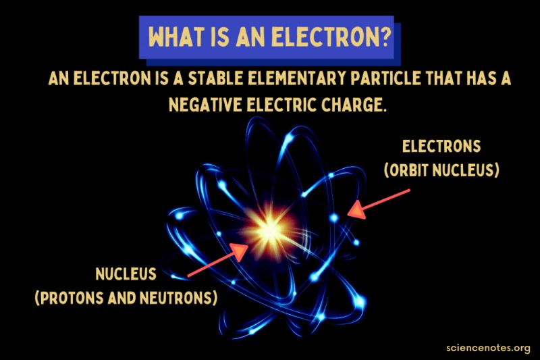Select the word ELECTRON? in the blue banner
click(331, 36)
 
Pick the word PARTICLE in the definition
click(385, 78)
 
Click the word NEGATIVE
click(205, 105)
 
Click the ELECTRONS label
click(441, 147)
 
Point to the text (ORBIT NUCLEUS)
click(441, 170)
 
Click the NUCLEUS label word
click(126, 274)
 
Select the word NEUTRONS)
click(179, 298)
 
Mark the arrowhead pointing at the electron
click(356, 209)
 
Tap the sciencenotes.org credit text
click(488, 348)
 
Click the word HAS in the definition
click(479, 78)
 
